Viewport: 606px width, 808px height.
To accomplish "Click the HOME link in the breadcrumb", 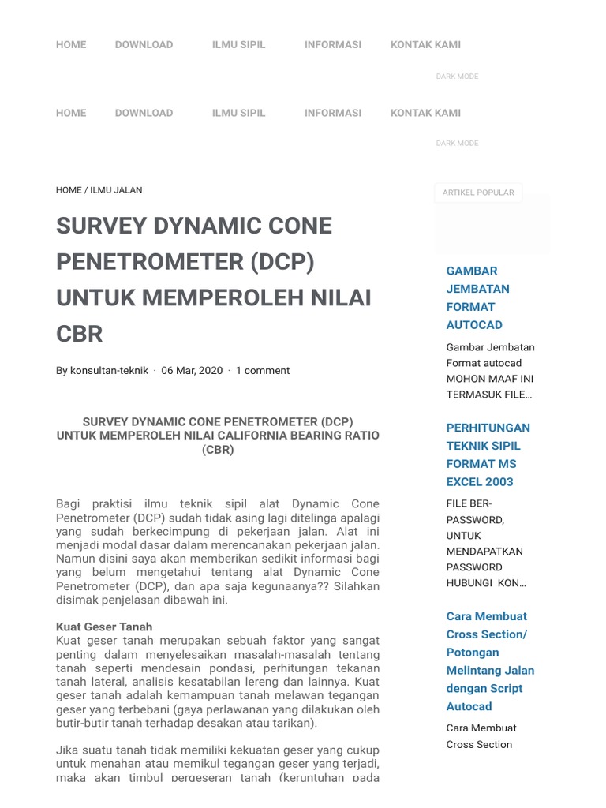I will pos(69,190).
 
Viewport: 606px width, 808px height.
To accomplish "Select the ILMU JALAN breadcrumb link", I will pos(116,190).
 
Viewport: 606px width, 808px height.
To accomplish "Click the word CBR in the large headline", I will pos(80,334).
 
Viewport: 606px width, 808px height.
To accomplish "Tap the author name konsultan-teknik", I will pos(109,370).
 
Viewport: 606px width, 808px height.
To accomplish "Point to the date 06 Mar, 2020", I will pos(192,370).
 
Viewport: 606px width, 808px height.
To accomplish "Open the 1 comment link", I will pos(263,370).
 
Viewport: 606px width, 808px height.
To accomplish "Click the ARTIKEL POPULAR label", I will pos(478,193).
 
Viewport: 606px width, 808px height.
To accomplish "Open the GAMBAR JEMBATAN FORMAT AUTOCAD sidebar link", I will pos(478,297).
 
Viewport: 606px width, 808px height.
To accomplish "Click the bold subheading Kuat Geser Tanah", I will pos(104,627).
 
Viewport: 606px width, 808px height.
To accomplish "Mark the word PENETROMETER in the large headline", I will pos(149,261).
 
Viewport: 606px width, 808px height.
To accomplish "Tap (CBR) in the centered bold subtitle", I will pos(218,450).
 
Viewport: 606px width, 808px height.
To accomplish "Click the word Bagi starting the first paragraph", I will pos(69,503).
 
